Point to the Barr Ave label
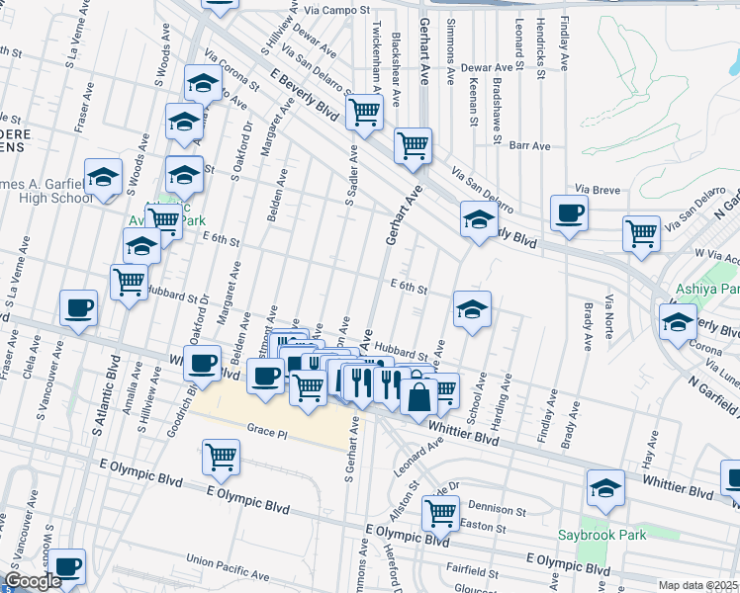pos(529,145)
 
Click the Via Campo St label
pos(336,9)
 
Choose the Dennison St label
pos(498,510)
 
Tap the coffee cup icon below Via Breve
pos(570,213)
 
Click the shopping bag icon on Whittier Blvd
pos(418,398)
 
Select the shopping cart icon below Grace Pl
pos(220,457)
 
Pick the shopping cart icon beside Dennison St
pos(439,513)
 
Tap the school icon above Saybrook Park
pos(605,488)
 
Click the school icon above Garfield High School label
pos(103,177)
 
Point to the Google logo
pos(34,581)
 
